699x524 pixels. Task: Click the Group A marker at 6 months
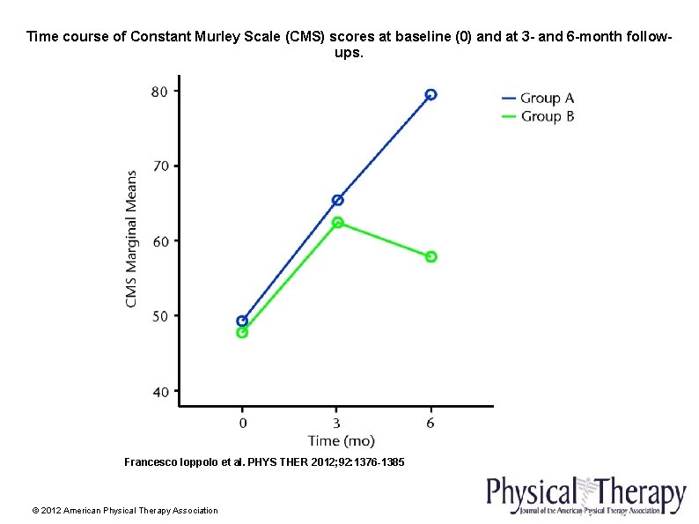[x=430, y=94]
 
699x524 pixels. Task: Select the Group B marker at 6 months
[x=430, y=257]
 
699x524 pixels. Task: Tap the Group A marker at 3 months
[x=337, y=200]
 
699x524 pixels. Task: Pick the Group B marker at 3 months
[x=337, y=223]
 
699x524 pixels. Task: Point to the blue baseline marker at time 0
[x=242, y=321]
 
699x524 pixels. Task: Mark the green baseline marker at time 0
[x=242, y=333]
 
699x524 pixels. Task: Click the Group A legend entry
[x=537, y=99]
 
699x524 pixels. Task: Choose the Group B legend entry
[x=537, y=116]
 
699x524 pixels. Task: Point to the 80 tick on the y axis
[x=159, y=91]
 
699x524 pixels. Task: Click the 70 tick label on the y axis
[x=159, y=166]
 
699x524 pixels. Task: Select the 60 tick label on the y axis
[x=159, y=240]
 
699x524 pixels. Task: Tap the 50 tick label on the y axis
[x=159, y=316]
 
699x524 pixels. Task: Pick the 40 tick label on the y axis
[x=159, y=391]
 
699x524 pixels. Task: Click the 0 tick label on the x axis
[x=243, y=423]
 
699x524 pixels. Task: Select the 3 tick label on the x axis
[x=337, y=423]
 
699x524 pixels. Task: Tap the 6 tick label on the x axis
[x=430, y=423]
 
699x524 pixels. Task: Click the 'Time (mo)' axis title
[x=337, y=440]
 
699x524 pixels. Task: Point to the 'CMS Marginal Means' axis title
[x=131, y=239]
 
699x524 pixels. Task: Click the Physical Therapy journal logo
[x=585, y=495]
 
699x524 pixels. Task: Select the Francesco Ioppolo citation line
[x=264, y=461]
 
